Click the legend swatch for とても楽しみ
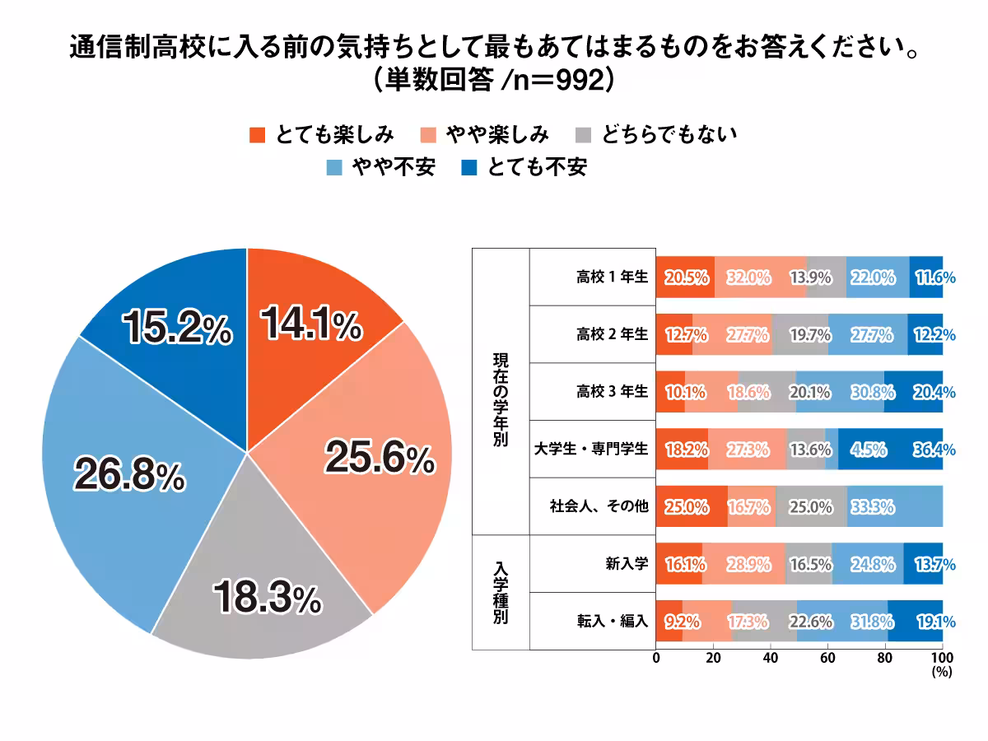tap(257, 134)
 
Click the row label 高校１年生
tap(613, 277)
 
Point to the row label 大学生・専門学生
tap(591, 450)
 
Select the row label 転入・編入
tap(613, 622)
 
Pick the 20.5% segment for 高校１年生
tap(686, 277)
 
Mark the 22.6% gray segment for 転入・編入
tap(765, 622)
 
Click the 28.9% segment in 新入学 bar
tap(744, 564)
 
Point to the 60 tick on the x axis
tap(828, 659)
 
